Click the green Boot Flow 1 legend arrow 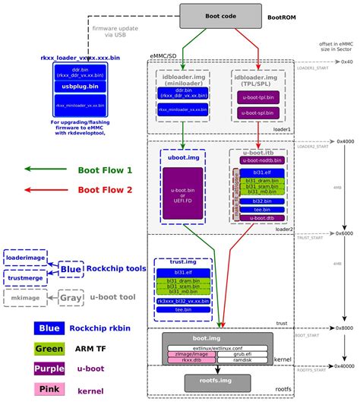45,169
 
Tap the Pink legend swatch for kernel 49,390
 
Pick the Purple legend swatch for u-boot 49,369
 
